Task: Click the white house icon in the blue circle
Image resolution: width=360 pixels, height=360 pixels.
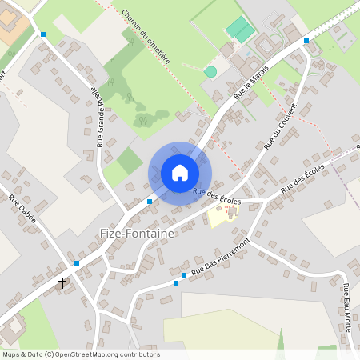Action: [x=180, y=173]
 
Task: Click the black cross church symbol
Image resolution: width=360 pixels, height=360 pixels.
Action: [x=62, y=282]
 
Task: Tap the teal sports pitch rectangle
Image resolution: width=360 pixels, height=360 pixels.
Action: [x=239, y=30]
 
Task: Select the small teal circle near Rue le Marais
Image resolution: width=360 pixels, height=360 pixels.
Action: [x=210, y=72]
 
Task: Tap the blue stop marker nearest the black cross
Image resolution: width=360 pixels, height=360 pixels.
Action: [x=77, y=262]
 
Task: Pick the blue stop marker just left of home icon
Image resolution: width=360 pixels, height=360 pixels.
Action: [x=150, y=202]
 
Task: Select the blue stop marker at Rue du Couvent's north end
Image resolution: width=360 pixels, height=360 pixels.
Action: [x=306, y=40]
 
